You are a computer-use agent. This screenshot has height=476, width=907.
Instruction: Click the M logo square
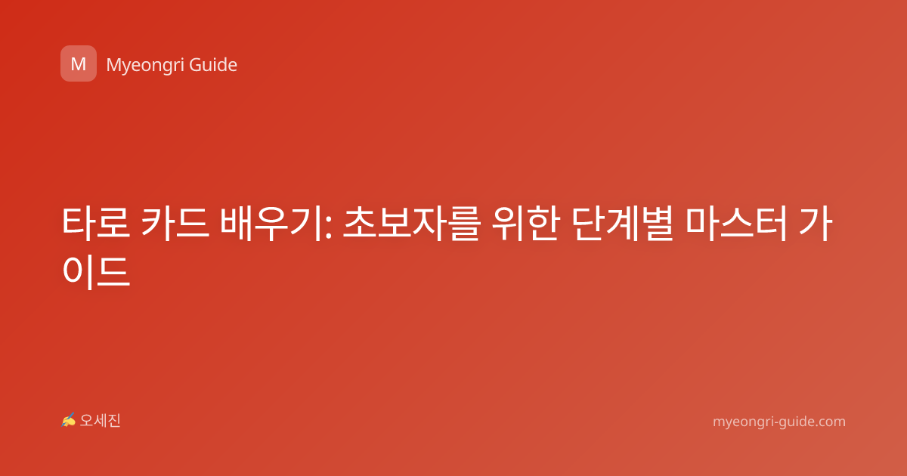coord(79,63)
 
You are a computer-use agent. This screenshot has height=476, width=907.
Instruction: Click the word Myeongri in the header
coord(145,65)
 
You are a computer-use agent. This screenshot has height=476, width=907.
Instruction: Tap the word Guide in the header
coord(213,65)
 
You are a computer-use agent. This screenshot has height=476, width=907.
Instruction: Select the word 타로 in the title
coord(96,224)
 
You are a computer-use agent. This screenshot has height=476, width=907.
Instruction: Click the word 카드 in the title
coord(175,224)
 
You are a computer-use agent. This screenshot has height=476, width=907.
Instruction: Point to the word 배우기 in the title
coord(271,224)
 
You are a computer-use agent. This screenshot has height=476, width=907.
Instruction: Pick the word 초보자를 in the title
coord(412,224)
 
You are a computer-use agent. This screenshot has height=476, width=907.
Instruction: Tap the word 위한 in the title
coord(526,224)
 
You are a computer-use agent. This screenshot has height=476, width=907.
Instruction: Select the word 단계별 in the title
coord(623,224)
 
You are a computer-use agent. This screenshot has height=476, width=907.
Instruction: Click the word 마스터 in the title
coord(736,224)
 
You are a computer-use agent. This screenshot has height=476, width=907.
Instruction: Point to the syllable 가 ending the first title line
coord(816,224)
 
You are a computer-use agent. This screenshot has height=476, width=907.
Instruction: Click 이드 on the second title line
coord(96,271)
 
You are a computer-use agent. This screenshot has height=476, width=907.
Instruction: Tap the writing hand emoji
coord(69,420)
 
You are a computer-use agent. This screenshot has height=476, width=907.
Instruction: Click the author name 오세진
coord(100,421)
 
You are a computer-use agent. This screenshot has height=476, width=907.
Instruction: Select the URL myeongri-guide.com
coord(779,422)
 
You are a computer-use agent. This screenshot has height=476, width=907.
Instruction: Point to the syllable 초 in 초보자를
coord(360,224)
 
